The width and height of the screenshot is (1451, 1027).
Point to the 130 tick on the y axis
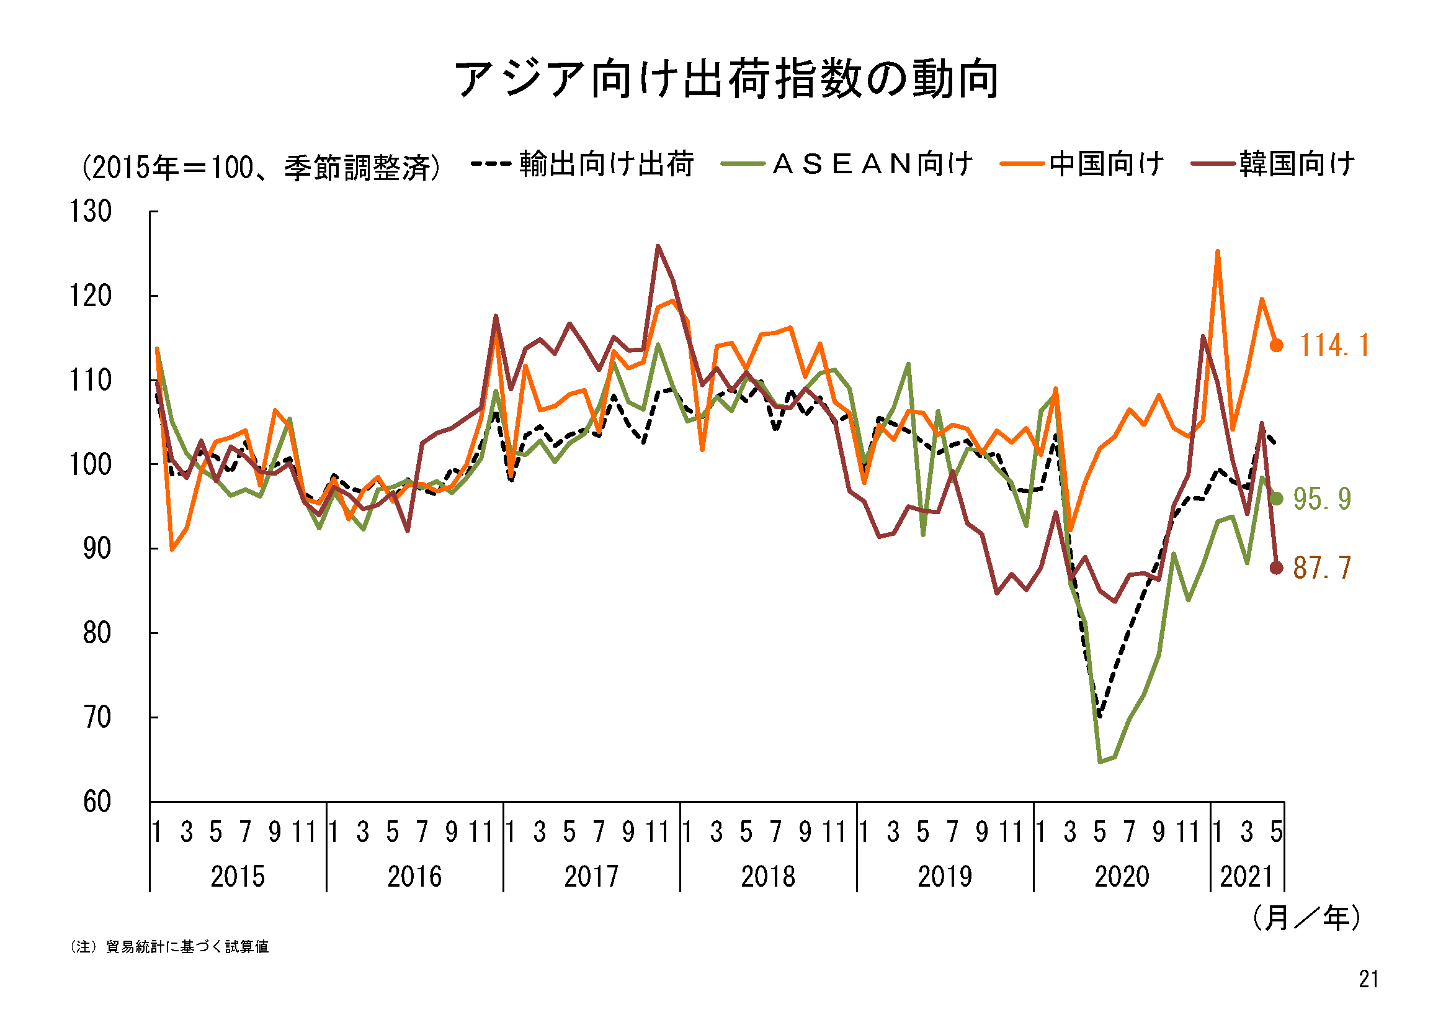tap(91, 211)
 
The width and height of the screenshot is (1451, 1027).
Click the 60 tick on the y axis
tap(97, 802)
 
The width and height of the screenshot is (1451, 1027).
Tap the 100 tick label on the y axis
tap(91, 465)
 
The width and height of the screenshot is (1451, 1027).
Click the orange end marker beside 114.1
tap(1277, 345)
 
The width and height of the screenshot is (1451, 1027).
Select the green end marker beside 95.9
tap(1277, 499)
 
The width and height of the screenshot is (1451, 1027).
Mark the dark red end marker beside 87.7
tap(1277, 568)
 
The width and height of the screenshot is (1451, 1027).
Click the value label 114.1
tap(1334, 345)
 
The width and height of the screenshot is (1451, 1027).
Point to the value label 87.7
tap(1322, 568)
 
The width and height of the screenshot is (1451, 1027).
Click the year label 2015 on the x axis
tap(238, 877)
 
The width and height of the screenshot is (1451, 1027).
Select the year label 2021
tap(1246, 877)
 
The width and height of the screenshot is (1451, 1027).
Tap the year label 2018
tap(768, 877)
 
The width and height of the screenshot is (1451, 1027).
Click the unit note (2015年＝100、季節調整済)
tap(261, 168)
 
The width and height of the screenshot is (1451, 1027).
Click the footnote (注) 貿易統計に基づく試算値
tap(169, 947)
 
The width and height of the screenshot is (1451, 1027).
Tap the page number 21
tap(1368, 979)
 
